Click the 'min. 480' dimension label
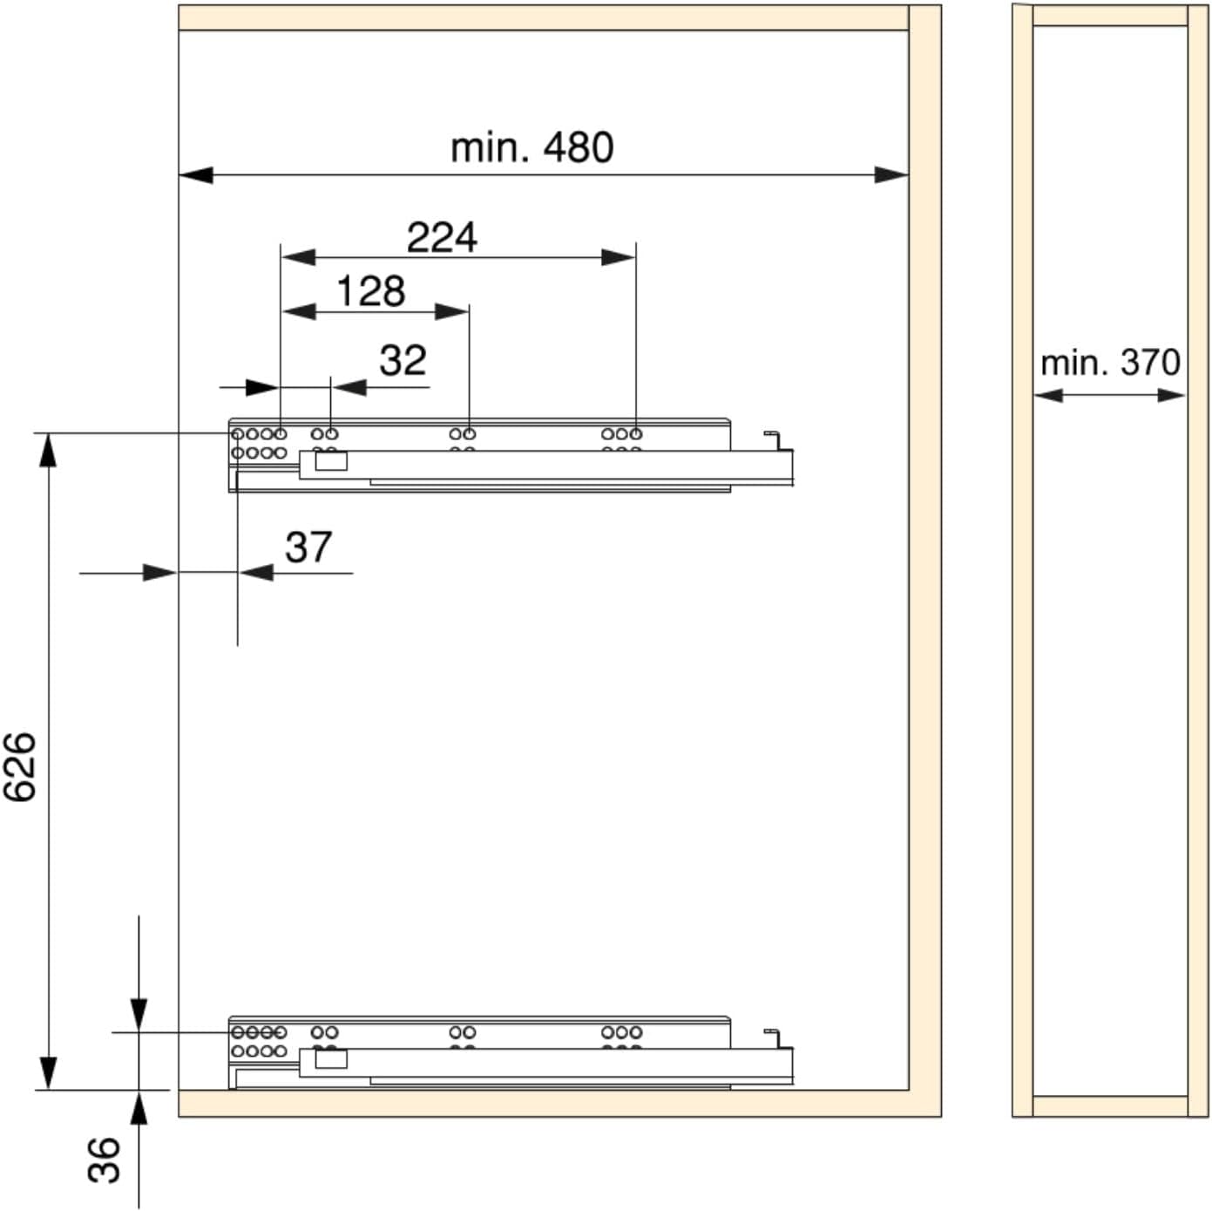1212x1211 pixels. pyautogui.click(x=532, y=148)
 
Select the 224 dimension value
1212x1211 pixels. pyautogui.click(x=442, y=237)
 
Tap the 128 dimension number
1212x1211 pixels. pyautogui.click(x=371, y=291)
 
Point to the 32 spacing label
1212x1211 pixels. pyautogui.click(x=403, y=360)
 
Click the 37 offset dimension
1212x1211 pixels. pyautogui.click(x=308, y=547)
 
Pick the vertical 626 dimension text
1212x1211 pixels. pyautogui.click(x=19, y=767)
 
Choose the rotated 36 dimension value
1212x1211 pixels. pyautogui.click(x=104, y=1160)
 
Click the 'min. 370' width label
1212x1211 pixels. pyautogui.click(x=1110, y=364)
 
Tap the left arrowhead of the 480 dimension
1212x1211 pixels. pyautogui.click(x=195, y=175)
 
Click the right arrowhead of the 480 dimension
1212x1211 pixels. pyautogui.click(x=891, y=175)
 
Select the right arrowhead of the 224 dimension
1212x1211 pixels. pyautogui.click(x=619, y=257)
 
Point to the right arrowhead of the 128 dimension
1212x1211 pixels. pyautogui.click(x=451, y=311)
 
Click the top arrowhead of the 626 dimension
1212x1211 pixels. pyautogui.click(x=49, y=450)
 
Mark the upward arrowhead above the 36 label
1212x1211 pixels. pyautogui.click(x=139, y=1107)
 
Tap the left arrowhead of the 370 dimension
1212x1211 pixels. pyautogui.click(x=1048, y=395)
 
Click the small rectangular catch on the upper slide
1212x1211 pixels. pyautogui.click(x=331, y=460)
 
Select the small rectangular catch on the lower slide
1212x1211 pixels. pyautogui.click(x=331, y=1058)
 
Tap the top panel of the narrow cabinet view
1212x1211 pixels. pyautogui.click(x=1110, y=16)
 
